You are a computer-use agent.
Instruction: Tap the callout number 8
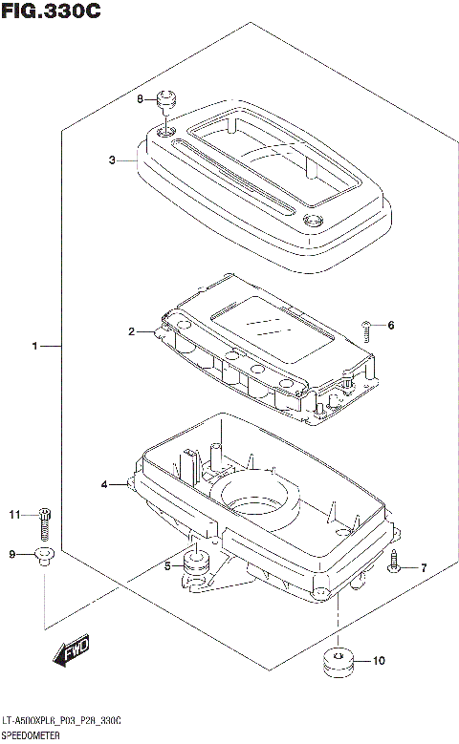point(140,99)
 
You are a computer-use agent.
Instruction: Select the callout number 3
point(112,160)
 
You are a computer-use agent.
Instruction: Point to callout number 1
point(35,346)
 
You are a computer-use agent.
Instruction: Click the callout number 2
point(131,331)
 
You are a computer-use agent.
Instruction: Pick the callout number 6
point(390,326)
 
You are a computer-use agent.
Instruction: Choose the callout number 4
point(104,485)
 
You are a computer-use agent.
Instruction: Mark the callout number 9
point(12,554)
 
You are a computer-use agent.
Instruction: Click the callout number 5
point(167,566)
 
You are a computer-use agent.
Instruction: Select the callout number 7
point(425,568)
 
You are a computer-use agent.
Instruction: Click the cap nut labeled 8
point(168,98)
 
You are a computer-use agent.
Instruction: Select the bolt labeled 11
point(44,521)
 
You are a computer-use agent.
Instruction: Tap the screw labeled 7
point(395,566)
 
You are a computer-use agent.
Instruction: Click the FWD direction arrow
point(71,652)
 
